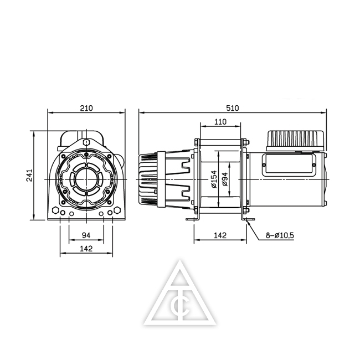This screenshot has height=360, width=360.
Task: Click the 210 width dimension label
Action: point(86,108)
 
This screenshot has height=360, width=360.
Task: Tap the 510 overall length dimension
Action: point(233,108)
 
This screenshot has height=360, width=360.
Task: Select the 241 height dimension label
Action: point(29,176)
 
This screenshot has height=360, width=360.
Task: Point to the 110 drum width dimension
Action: point(220,122)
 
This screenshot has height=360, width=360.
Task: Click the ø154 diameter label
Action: point(214,179)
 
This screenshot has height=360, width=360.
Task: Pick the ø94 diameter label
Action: point(225,179)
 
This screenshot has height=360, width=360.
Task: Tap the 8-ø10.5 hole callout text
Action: point(280,235)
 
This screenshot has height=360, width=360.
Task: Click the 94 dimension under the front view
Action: point(86,235)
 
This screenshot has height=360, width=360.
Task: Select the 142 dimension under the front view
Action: point(86,249)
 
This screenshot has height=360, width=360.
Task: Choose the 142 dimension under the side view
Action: point(220,235)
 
